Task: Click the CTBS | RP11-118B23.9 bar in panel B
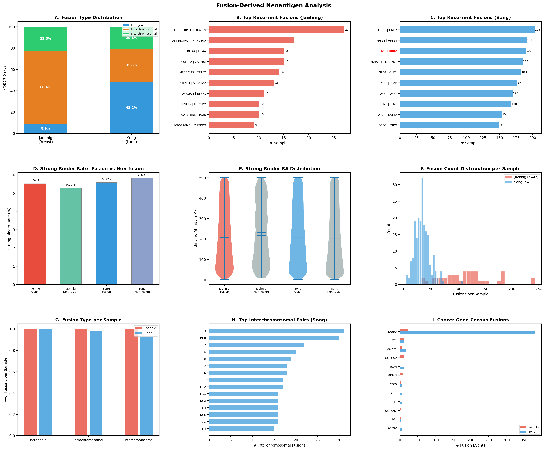pyautogui.click(x=276, y=30)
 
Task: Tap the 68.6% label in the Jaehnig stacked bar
pyautogui.click(x=46, y=87)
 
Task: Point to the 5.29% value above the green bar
pyautogui.click(x=71, y=185)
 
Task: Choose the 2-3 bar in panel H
pyautogui.click(x=276, y=331)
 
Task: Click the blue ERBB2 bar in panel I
pyautogui.click(x=467, y=333)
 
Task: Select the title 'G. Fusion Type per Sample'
pyautogui.click(x=88, y=320)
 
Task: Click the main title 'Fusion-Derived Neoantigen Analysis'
pyautogui.click(x=274, y=5)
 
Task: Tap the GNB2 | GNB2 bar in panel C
pyautogui.click(x=467, y=30)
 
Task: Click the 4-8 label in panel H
pyautogui.click(x=203, y=429)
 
